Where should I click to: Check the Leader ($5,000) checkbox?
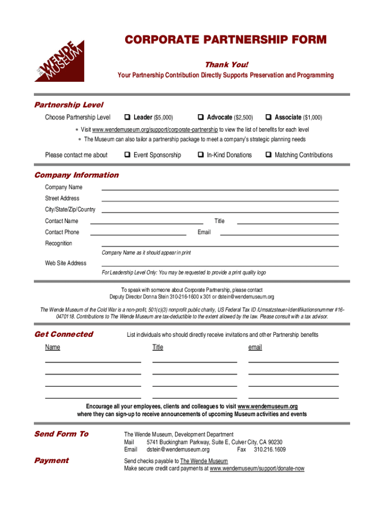tap(128, 118)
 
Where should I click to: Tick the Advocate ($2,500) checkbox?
tap(200, 118)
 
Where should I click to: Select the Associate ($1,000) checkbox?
tap(269, 118)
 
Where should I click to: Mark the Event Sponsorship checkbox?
tap(128, 155)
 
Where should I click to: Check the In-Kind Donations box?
tap(200, 155)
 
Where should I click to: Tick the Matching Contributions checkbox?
tap(269, 155)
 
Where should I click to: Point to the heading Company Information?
tap(76, 175)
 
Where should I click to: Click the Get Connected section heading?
tap(63, 334)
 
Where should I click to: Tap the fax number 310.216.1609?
tap(269, 450)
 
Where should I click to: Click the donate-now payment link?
tap(257, 469)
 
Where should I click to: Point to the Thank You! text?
tap(226, 65)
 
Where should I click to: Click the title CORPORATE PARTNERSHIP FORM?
tap(225, 40)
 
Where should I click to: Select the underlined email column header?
tap(255, 347)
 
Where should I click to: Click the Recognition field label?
tap(58, 244)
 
